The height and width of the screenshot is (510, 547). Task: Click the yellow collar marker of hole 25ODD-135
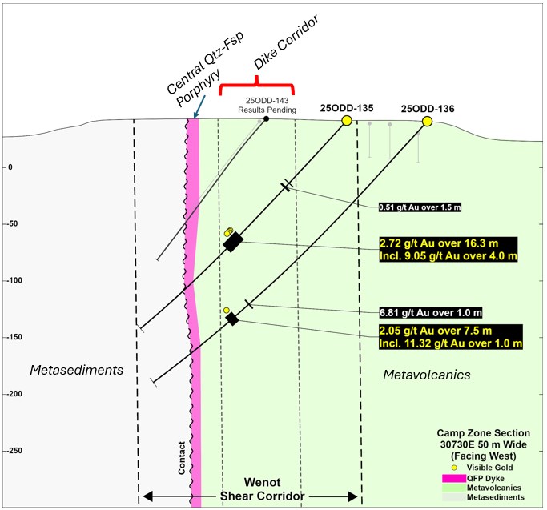(347, 121)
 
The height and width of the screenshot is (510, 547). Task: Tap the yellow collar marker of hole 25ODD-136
(427, 122)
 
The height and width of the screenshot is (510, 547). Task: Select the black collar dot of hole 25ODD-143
(266, 119)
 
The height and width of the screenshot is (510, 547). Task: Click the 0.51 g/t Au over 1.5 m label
(420, 207)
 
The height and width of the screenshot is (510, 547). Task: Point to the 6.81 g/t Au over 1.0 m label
(431, 312)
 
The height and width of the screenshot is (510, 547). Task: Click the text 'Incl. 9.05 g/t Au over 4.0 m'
(448, 256)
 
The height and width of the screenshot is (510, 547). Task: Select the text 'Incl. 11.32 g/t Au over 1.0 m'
(451, 343)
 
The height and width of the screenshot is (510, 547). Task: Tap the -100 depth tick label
(14, 280)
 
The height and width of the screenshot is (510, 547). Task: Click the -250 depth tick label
(14, 450)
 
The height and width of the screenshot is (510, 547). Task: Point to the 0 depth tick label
(10, 167)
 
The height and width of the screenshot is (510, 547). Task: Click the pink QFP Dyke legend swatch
(454, 478)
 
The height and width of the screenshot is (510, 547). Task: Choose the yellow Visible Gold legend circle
(454, 468)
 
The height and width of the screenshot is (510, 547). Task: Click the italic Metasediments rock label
(77, 370)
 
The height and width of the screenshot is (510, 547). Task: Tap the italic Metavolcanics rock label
(427, 375)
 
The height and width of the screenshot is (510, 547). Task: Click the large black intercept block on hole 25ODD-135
(233, 242)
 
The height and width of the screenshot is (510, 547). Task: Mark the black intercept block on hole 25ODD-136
(232, 319)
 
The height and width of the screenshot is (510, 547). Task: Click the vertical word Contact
(182, 458)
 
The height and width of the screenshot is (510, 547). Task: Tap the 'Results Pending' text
(267, 110)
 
